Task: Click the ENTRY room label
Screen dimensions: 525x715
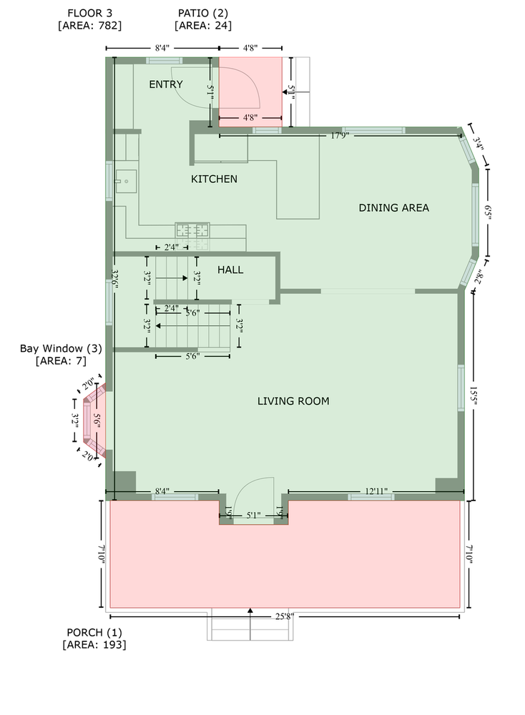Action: [x=165, y=84]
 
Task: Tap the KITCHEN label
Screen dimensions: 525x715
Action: [x=214, y=179]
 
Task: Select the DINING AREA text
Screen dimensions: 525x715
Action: [x=393, y=208]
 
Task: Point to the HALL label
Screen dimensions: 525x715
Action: [x=230, y=270]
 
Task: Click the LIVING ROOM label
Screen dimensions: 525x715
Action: [x=293, y=401]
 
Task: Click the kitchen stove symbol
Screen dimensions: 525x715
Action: [x=192, y=230]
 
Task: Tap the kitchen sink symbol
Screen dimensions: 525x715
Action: [x=125, y=182]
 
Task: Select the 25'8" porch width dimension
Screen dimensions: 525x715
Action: [x=285, y=616]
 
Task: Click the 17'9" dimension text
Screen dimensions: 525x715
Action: [x=340, y=135]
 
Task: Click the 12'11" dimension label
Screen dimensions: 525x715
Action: [x=376, y=491]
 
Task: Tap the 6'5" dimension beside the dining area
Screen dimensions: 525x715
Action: [x=488, y=213]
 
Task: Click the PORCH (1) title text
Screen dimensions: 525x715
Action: [x=94, y=633]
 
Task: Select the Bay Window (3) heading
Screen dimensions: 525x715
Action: [x=61, y=348]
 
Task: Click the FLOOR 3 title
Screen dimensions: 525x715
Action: [x=90, y=13]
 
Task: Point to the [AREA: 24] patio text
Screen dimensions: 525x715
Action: [x=203, y=26]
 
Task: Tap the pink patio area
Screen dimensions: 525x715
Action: [x=250, y=92]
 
